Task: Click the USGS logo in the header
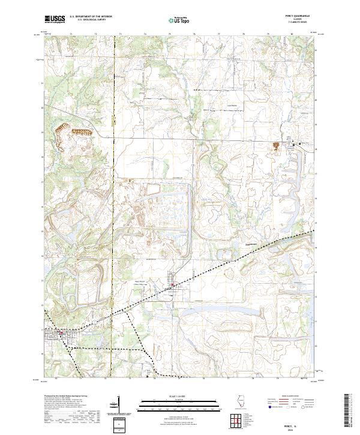click(55, 19)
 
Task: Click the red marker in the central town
click(173, 286)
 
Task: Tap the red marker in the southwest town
click(60, 329)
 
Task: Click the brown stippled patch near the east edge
click(276, 146)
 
